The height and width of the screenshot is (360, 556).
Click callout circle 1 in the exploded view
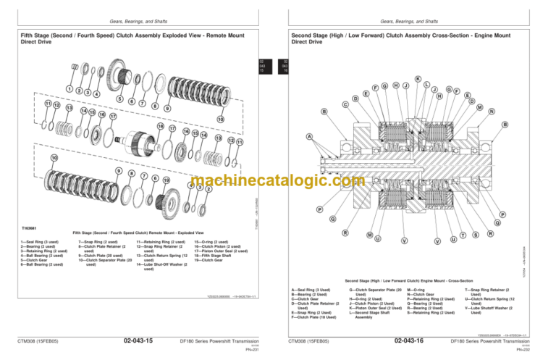tap(69, 89)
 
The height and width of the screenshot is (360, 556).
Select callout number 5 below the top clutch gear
tap(119, 99)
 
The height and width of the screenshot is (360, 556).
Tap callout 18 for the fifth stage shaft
tap(161, 125)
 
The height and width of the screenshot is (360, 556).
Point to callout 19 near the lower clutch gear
tap(167, 180)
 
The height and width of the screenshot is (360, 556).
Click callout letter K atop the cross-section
tap(418, 78)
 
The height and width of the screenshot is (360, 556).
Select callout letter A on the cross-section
tap(309, 137)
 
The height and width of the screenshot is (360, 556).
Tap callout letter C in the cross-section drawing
tap(345, 104)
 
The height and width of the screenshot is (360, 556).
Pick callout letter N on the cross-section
tap(492, 111)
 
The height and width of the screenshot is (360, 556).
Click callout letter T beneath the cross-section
tap(463, 235)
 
